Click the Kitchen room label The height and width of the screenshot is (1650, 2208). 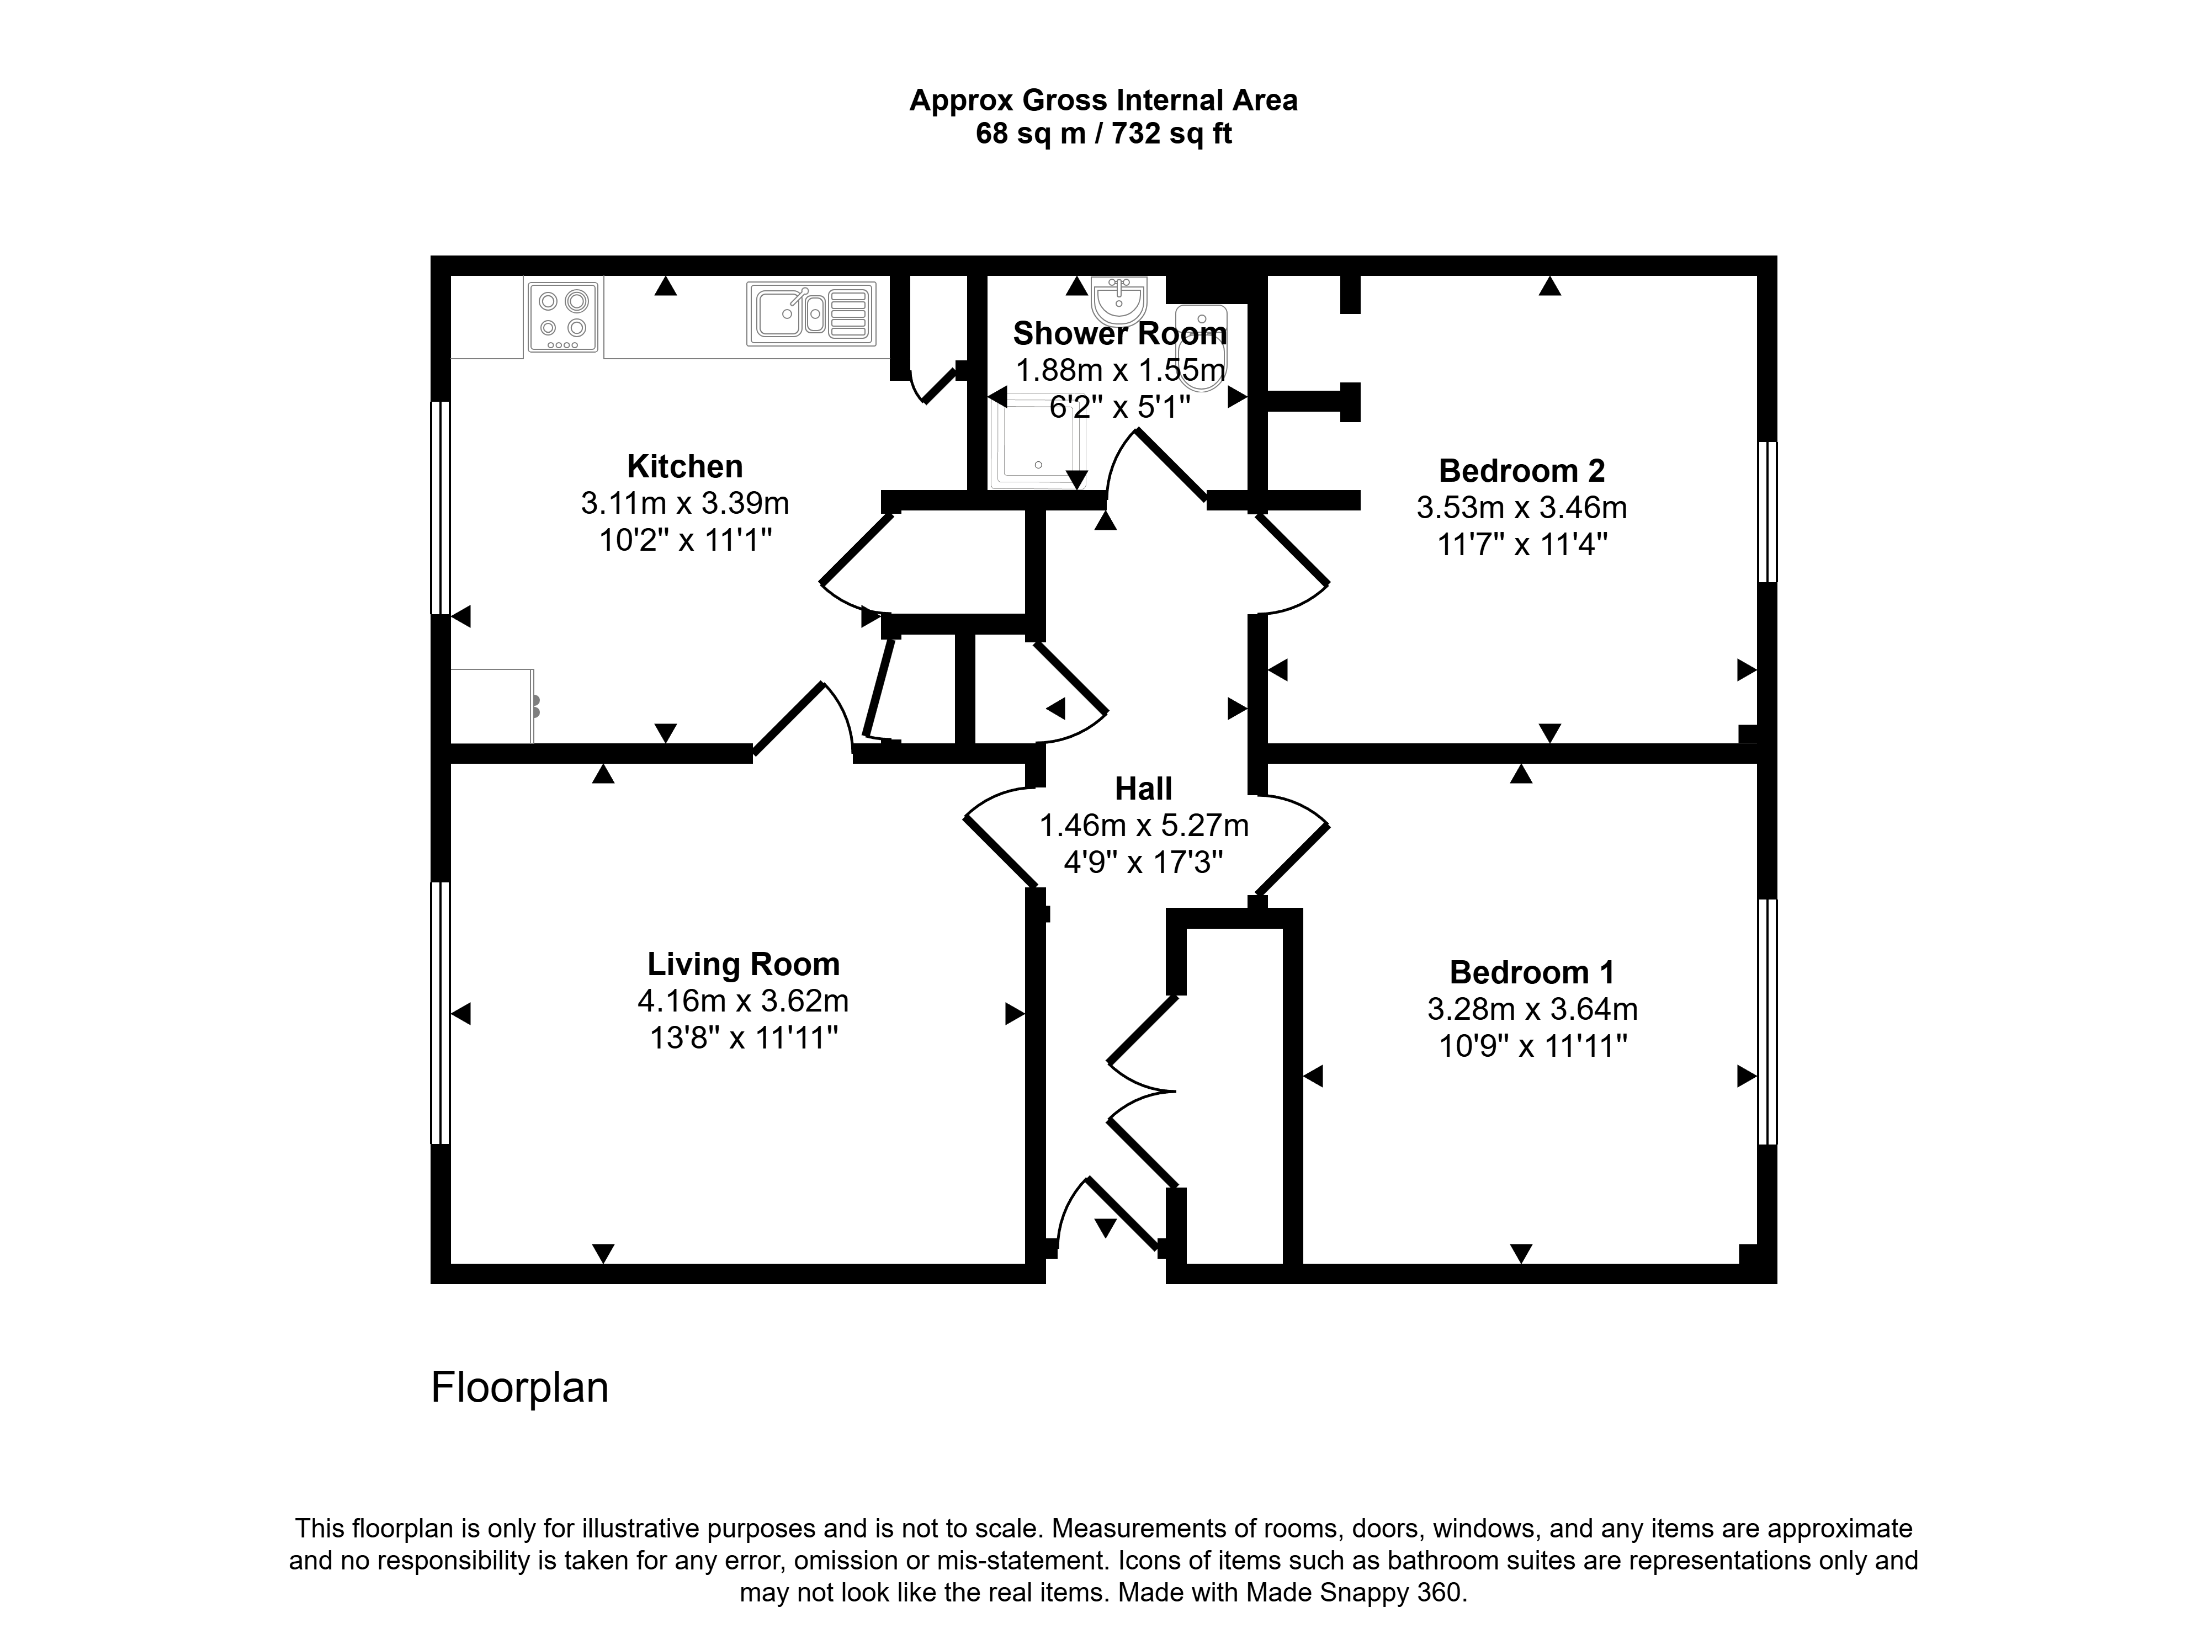click(x=685, y=466)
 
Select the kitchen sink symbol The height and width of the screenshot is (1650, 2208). click(x=810, y=313)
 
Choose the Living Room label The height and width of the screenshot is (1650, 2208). click(x=744, y=964)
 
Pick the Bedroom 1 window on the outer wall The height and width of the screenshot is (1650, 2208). click(x=1767, y=1021)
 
